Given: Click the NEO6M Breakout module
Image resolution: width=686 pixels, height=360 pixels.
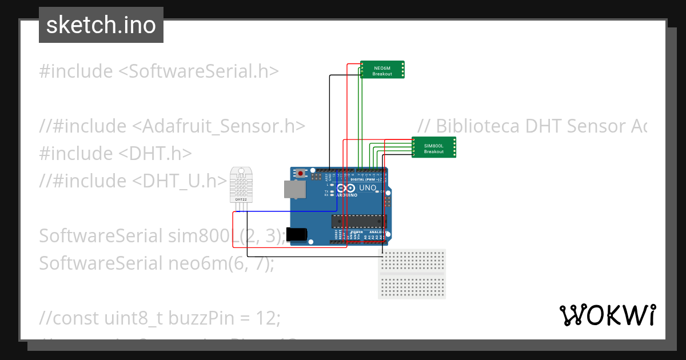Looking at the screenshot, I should [382, 70].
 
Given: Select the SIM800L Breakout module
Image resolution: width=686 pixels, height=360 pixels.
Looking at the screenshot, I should [434, 147].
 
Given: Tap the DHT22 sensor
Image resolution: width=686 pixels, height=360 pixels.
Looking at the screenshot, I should [241, 185].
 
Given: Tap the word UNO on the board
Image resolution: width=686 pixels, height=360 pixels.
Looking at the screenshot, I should [368, 188].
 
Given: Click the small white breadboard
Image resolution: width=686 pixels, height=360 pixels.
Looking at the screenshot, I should [412, 274].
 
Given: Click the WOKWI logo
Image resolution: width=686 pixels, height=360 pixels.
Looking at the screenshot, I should [607, 315].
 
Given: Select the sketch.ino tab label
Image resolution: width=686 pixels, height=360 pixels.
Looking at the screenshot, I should [101, 25].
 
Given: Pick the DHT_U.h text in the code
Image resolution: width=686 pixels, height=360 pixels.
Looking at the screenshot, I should [182, 181].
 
